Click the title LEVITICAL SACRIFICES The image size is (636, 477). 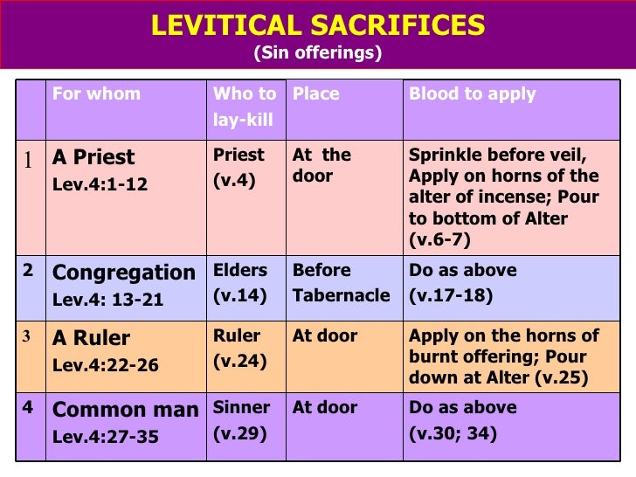coord(318,25)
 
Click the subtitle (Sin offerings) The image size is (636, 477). coord(318,53)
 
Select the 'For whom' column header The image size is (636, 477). coord(96,93)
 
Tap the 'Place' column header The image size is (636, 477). coord(315,93)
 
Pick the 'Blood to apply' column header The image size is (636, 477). coord(473,93)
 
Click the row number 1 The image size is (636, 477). coord(28,160)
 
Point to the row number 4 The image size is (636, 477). coord(28,407)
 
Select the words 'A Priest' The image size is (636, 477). coord(93,157)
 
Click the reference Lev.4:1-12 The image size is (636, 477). coord(100,183)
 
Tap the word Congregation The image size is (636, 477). coord(124,273)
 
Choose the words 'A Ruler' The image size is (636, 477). coord(91,338)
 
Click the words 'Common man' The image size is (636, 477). coord(126,410)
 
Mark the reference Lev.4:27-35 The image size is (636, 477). coord(106,436)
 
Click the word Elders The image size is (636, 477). coord(240,270)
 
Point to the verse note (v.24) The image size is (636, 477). coord(240,361)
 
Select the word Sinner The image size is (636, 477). coord(242,407)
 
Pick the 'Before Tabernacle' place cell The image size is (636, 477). coord(341,283)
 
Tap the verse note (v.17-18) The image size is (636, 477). coord(451,295)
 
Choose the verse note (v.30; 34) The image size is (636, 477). coord(453,432)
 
